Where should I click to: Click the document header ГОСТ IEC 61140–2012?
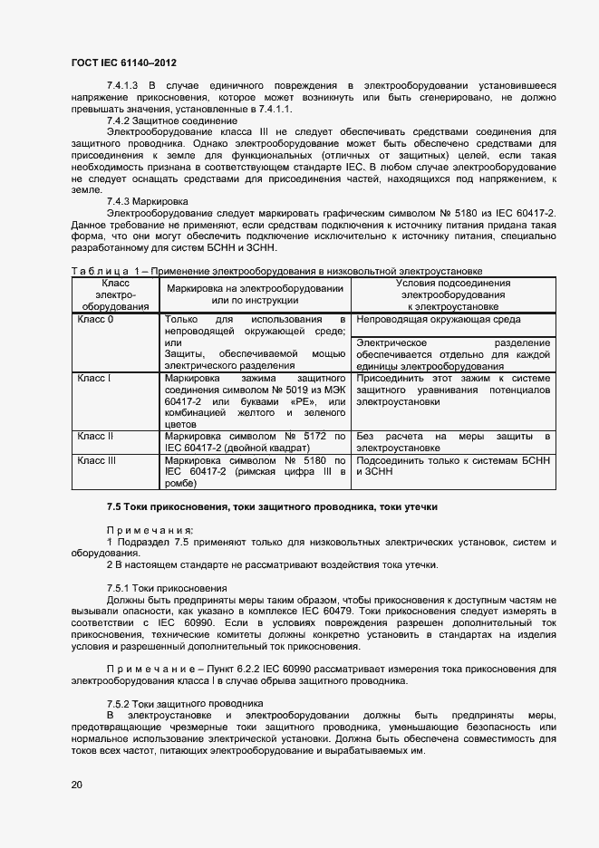click(x=122, y=63)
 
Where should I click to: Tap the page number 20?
click(x=76, y=785)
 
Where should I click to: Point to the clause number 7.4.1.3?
click(x=122, y=85)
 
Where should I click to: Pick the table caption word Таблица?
click(x=94, y=271)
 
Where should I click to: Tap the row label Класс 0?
click(x=95, y=320)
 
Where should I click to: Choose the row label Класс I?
click(x=93, y=377)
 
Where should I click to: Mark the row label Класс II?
click(x=95, y=437)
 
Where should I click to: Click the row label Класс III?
click(x=97, y=460)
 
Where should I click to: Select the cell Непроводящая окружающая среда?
click(x=439, y=320)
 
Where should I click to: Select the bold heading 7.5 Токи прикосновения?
click(x=272, y=506)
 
